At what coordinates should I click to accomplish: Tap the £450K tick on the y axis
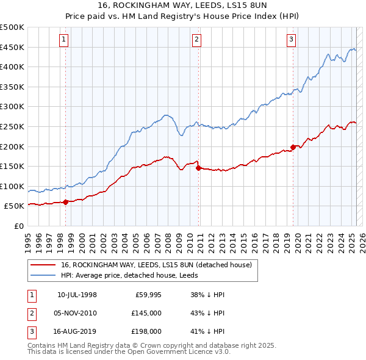point(12,47)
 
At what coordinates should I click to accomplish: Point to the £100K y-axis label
point(12,186)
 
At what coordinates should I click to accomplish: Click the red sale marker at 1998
point(66,203)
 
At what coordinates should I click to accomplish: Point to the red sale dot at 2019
point(293,147)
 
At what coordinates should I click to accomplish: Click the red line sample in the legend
point(43,264)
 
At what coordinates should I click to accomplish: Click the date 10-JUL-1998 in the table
point(77,295)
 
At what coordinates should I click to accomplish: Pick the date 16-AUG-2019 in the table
point(77,331)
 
